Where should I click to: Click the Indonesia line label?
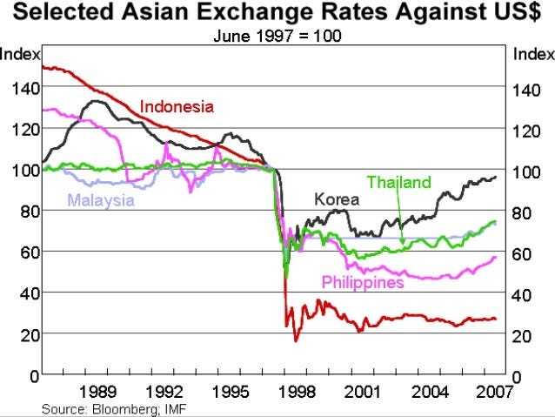(177, 107)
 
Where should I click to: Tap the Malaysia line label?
(101, 200)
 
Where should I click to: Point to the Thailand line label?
(398, 182)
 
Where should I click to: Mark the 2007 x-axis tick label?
(491, 391)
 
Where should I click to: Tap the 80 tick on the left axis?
(23, 212)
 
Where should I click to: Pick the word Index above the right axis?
(533, 54)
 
